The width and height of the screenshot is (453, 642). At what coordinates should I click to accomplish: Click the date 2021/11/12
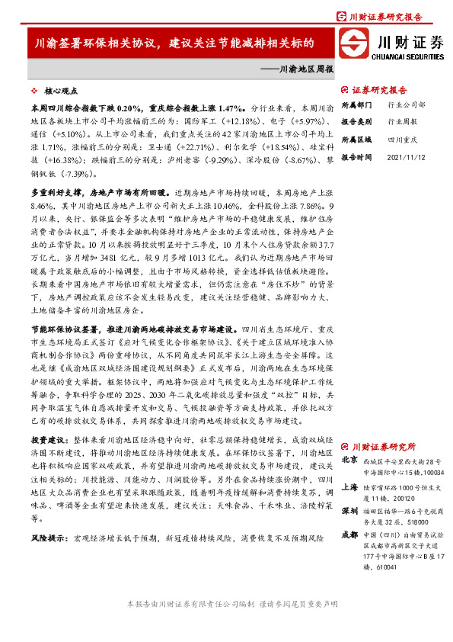click(x=405, y=157)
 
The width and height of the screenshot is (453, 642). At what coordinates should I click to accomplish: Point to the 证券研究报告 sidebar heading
click(x=378, y=89)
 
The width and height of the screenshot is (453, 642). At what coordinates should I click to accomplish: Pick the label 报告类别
click(x=356, y=121)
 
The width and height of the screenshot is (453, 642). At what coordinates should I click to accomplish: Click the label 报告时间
click(x=356, y=157)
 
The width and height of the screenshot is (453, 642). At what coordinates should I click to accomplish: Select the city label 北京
click(x=349, y=460)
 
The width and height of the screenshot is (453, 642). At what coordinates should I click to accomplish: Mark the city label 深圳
click(x=349, y=510)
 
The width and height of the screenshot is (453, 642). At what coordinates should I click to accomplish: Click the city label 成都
click(x=349, y=536)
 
